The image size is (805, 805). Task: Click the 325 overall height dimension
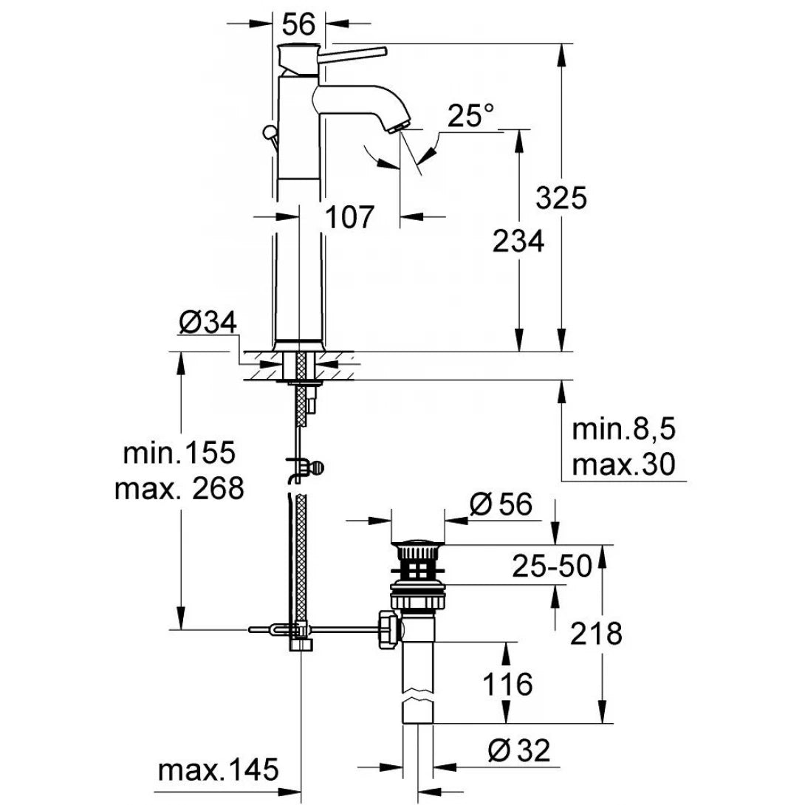pyautogui.click(x=561, y=199)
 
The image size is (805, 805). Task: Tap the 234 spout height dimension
pyautogui.click(x=518, y=241)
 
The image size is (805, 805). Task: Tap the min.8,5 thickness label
pyautogui.click(x=625, y=429)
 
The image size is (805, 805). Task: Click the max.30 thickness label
pyautogui.click(x=625, y=465)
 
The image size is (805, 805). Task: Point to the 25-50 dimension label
pyautogui.click(x=552, y=566)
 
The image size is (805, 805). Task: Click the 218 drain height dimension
pyautogui.click(x=597, y=634)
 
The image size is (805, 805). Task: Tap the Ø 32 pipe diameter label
pyautogui.click(x=518, y=751)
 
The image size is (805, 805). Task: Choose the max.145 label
pyautogui.click(x=219, y=770)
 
